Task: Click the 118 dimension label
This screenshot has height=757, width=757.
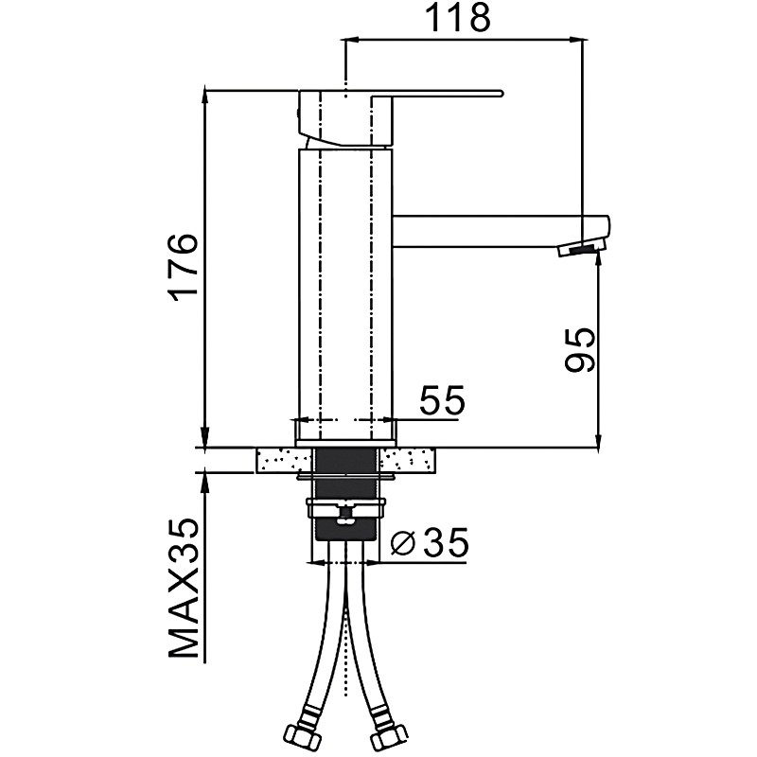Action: tap(458, 18)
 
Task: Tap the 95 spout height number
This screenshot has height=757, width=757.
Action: tap(579, 349)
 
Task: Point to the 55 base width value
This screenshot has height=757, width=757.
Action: tap(442, 399)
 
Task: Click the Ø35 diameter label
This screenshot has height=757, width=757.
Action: tap(429, 542)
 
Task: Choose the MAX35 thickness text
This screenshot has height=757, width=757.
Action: tap(184, 588)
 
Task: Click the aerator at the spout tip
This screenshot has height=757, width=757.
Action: tap(582, 249)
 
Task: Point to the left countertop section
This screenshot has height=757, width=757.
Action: tap(284, 460)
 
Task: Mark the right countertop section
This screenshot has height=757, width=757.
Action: tap(408, 460)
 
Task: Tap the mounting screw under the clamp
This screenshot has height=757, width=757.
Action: tap(345, 515)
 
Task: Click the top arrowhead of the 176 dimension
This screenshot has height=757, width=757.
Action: tap(205, 96)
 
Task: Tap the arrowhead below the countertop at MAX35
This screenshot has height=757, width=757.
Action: tap(205, 480)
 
